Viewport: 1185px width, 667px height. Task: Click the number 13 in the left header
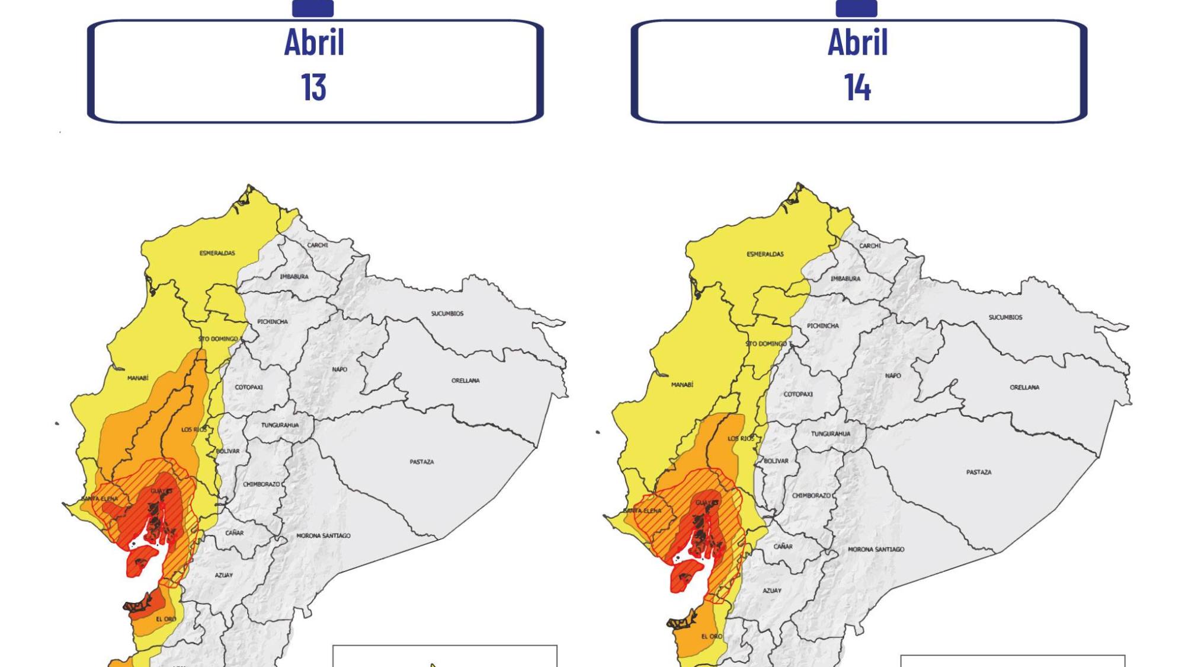(x=313, y=88)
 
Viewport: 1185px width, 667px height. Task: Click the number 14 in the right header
(x=857, y=88)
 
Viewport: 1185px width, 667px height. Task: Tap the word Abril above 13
(x=314, y=43)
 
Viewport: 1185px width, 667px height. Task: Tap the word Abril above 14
(x=857, y=43)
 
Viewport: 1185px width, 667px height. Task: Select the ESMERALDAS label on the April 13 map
(x=217, y=253)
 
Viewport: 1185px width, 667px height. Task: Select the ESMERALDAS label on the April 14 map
(x=765, y=254)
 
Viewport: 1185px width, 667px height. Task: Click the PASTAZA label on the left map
(x=421, y=462)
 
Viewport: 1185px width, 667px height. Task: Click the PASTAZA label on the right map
(x=978, y=473)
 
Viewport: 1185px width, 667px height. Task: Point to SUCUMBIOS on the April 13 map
(x=447, y=314)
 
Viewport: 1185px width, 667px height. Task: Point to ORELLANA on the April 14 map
(x=1024, y=388)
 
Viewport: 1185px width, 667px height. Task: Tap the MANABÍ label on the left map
(x=137, y=378)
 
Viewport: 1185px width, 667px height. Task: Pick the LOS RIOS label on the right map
(x=741, y=439)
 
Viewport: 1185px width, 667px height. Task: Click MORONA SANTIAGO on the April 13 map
(x=323, y=536)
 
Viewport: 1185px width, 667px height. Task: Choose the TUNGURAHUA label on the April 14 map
(x=830, y=434)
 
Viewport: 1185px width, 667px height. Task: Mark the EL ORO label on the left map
(x=166, y=620)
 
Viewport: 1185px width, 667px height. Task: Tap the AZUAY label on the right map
(x=771, y=591)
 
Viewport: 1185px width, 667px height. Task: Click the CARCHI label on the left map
(x=317, y=245)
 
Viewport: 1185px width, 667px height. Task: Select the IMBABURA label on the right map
(x=845, y=279)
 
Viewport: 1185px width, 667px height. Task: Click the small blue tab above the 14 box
(x=856, y=8)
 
